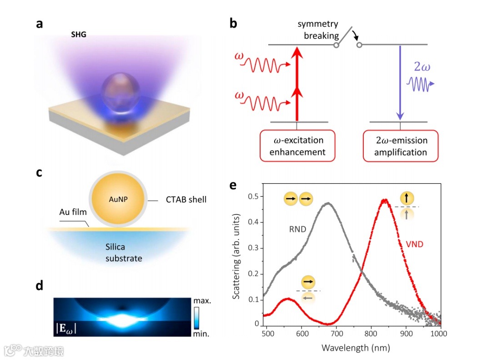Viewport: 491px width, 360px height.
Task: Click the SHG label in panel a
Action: (79, 35)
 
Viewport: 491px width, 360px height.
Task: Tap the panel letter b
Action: (233, 24)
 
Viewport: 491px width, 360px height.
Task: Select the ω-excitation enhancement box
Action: (297, 146)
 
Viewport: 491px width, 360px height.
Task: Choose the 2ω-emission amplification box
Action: (401, 146)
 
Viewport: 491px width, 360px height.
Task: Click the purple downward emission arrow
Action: (400, 82)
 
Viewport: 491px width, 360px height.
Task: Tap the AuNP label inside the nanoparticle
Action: (118, 199)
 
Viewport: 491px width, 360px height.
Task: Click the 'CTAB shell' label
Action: (185, 199)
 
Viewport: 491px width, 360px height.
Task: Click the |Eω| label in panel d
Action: (66, 327)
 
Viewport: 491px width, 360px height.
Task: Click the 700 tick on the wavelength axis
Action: (336, 334)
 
